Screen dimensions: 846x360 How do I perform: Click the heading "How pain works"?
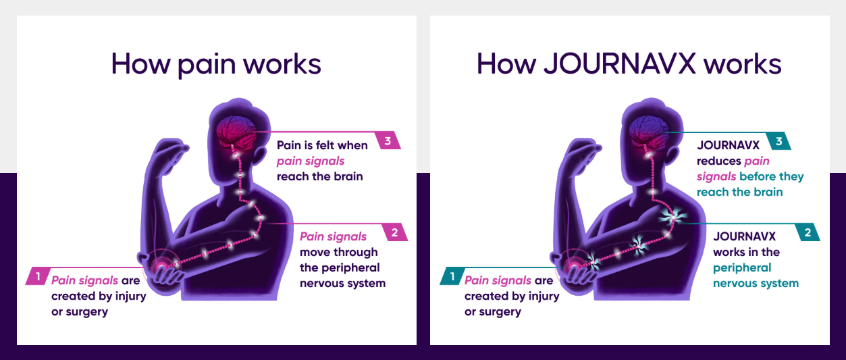pyautogui.click(x=216, y=64)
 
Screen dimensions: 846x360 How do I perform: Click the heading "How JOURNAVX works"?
pyautogui.click(x=629, y=64)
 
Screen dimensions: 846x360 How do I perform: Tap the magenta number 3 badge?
pyautogui.click(x=388, y=141)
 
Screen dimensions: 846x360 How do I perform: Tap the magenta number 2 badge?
pyautogui.click(x=394, y=233)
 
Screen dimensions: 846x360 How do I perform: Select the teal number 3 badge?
pyautogui.click(x=779, y=141)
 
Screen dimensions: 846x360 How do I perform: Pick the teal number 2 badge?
pyautogui.click(x=807, y=233)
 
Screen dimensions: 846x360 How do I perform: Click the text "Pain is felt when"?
pyautogui.click(x=322, y=145)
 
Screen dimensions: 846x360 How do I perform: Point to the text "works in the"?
pyautogui.click(x=746, y=252)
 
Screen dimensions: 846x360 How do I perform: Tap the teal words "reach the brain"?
pyautogui.click(x=739, y=192)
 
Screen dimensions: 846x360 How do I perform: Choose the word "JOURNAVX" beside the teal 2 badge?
pyautogui.click(x=744, y=236)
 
